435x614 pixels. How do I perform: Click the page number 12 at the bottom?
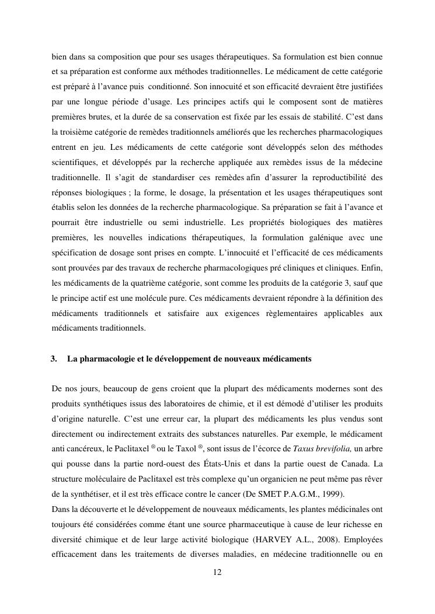217,573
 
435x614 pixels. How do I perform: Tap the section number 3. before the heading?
54,359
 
